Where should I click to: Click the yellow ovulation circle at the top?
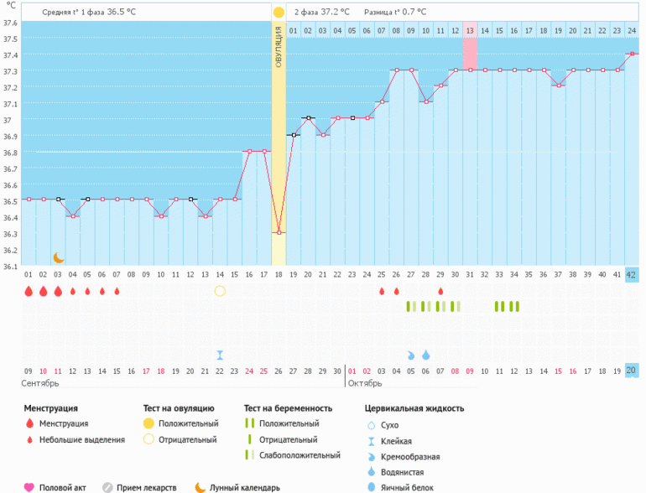pos(279,13)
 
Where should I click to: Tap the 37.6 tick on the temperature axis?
pos(10,23)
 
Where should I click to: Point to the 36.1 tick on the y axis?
pos(10,267)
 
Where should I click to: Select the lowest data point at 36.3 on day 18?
pos(279,231)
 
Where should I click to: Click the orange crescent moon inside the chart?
pos(59,257)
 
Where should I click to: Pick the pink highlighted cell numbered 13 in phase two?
pos(470,30)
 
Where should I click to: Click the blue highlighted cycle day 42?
pos(632,274)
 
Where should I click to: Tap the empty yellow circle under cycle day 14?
pos(220,291)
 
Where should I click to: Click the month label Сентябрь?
pos(40,382)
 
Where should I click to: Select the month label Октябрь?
pos(365,382)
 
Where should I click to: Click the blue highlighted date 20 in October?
pos(632,371)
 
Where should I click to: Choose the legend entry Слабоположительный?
pos(300,455)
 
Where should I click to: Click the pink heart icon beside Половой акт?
pos(29,487)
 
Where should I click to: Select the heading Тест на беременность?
pos(288,408)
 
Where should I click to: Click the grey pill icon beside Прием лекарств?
pos(108,487)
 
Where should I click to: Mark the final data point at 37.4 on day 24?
pos(632,54)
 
